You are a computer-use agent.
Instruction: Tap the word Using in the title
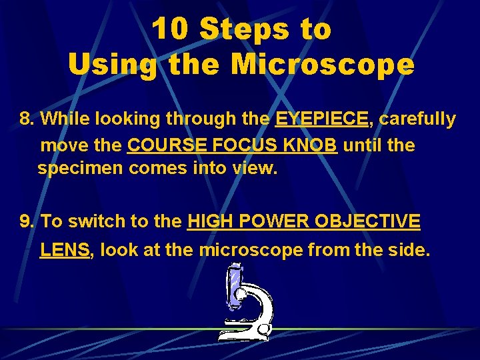click(112, 65)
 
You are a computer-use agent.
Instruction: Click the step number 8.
click(27, 119)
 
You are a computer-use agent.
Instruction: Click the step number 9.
click(27, 221)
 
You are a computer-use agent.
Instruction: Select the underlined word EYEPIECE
click(321, 119)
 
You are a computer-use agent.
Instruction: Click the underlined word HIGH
click(209, 221)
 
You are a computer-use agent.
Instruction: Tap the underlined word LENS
click(65, 250)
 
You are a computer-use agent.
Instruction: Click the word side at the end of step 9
click(409, 250)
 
